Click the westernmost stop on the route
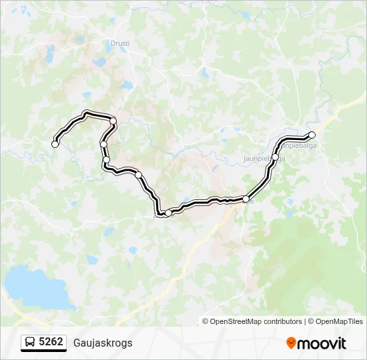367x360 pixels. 55,143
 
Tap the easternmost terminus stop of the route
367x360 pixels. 312,135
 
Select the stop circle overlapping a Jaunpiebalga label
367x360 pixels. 276,157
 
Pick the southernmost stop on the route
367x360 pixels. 169,212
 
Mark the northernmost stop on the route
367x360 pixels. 113,121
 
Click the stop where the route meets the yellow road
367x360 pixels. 246,199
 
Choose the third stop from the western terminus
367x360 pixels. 103,144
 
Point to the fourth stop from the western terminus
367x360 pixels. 106,159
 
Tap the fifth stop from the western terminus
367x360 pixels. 139,175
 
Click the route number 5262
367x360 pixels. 51,342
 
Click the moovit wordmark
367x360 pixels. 322,343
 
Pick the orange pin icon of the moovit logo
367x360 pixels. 291,343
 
